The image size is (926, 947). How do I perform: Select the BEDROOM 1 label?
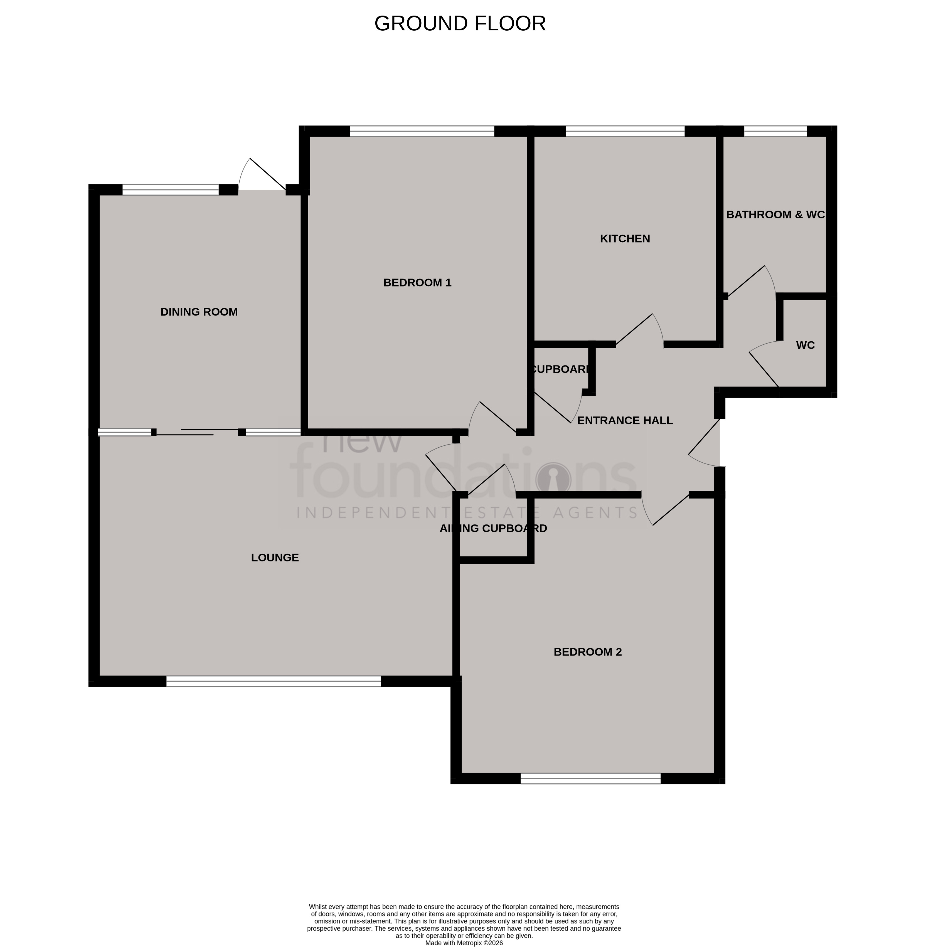(417, 283)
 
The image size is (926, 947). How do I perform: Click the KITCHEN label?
(625, 238)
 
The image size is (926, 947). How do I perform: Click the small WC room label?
(806, 345)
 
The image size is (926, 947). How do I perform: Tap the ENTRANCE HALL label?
(625, 420)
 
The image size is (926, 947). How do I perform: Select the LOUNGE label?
(275, 558)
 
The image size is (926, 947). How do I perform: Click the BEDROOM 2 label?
(587, 652)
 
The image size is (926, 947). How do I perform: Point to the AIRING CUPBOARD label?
(493, 528)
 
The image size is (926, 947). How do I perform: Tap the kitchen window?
(625, 130)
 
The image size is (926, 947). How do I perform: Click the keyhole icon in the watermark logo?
(553, 477)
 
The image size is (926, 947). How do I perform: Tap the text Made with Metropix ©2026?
(464, 943)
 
